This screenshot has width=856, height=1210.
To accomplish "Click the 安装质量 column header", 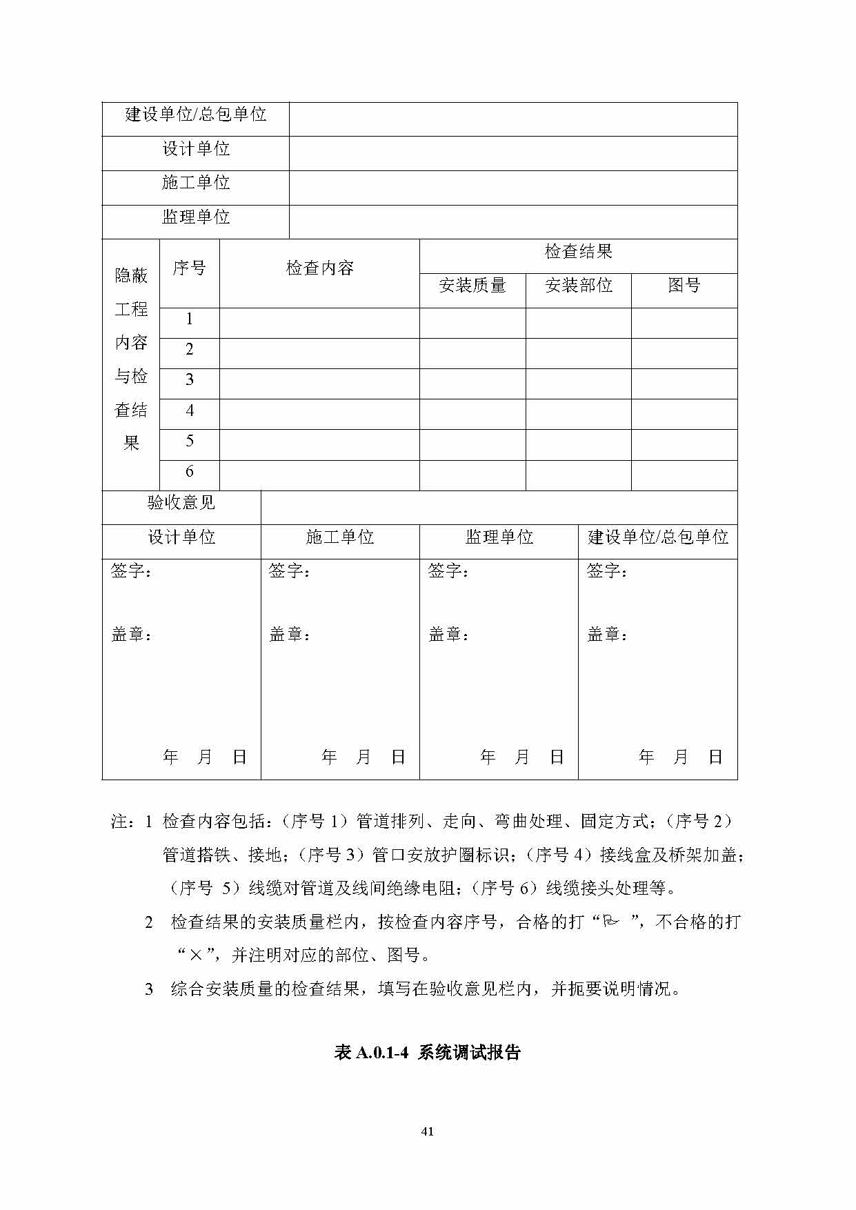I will coord(472,286).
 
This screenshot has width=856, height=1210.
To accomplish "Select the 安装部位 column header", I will coord(579,286).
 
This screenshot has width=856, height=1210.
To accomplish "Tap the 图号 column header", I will coord(684,286).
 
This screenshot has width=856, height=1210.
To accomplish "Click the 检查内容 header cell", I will coord(319,268).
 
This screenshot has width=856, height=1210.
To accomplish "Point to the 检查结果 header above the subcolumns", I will coord(579,252).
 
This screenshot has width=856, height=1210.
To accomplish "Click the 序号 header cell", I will coord(189,268).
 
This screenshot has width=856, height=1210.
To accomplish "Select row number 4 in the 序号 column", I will coord(190,411).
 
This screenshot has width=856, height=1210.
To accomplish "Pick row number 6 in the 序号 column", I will coord(190,472).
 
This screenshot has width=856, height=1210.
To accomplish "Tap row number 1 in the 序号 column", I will coord(190,319).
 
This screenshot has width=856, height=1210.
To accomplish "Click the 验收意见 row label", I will coord(181,503).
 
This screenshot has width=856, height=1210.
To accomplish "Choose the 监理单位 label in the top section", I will coord(196,217).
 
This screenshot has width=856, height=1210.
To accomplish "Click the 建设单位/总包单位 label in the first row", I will coord(196,115).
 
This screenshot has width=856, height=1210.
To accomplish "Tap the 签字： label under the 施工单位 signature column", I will coord(289,571).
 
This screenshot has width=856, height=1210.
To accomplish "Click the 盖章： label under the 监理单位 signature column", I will coord(448,635).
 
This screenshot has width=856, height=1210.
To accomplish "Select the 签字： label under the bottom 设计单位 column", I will coord(131,571).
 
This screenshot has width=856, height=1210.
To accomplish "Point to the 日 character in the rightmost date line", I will coord(715,757).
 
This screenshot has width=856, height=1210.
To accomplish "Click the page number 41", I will coord(428,1131).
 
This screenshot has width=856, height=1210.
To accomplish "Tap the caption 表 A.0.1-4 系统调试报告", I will coord(428,1052).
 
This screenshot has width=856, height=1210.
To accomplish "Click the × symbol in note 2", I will coord(196,955).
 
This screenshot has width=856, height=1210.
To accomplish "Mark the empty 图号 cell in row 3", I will coord(684,384).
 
